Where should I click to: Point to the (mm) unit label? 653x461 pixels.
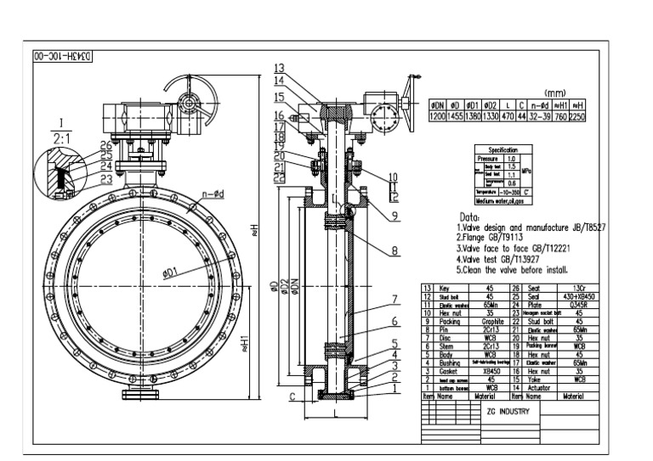pos(555,95)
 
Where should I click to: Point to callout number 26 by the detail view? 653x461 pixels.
pos(105,145)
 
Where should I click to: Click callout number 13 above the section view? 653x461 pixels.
pos(279,67)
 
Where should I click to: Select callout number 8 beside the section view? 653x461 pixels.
pos(395,251)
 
